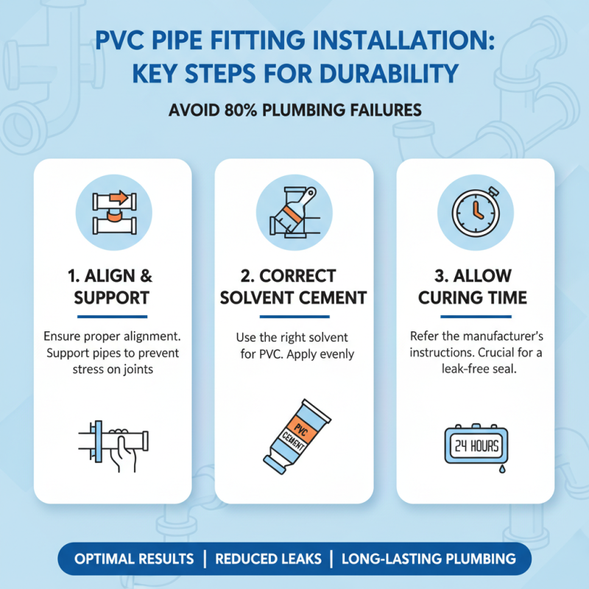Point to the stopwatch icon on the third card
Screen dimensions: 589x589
coord(476,208)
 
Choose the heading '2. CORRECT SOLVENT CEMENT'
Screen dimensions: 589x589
coord(294,288)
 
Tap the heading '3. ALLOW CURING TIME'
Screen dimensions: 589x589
coord(476,288)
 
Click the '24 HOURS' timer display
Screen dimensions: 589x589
coord(475,445)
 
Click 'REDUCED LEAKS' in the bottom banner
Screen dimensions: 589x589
coord(268,559)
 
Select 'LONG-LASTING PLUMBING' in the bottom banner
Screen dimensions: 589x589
coord(428,559)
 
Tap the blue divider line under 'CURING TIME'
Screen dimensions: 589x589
coord(475,317)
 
